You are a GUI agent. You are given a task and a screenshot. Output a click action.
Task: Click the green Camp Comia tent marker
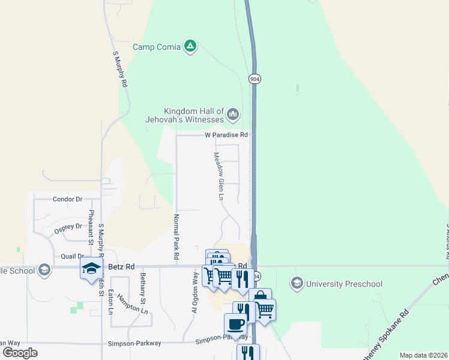tap(190, 46)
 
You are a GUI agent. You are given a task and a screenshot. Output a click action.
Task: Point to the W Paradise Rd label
tap(226, 136)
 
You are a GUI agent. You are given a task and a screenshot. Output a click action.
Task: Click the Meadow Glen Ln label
tap(220, 176)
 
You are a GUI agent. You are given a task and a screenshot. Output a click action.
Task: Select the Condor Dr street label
tap(67, 199)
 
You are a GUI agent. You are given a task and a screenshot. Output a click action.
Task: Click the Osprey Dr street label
tap(67, 227)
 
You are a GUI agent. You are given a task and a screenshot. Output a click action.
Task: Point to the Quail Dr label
tap(73, 256)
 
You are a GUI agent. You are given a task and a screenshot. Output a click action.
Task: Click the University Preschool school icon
tap(296, 283)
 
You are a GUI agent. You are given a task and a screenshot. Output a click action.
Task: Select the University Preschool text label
tap(343, 283)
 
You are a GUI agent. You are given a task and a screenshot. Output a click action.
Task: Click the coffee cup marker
tap(235, 325)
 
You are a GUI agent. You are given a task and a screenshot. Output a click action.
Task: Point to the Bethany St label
tap(143, 289)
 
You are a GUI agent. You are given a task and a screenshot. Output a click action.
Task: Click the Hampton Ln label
tap(132, 305)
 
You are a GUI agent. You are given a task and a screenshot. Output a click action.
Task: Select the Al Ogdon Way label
tap(194, 292)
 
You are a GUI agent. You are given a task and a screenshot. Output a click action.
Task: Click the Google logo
tap(20, 353)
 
